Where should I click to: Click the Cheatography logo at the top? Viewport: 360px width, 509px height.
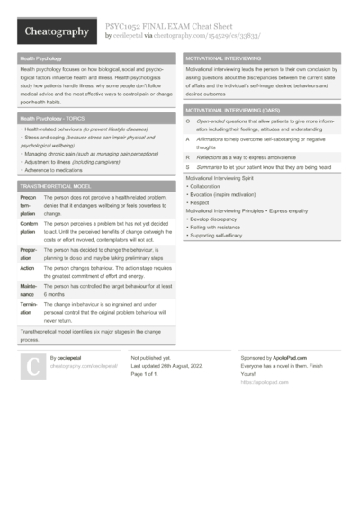pyautogui.click(x=54, y=31)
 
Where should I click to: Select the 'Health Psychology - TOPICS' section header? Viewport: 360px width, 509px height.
pyautogui.click(x=54, y=118)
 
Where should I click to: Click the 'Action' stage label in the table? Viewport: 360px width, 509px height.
pyautogui.click(x=27, y=268)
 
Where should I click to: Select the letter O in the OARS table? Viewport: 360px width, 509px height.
pyautogui.click(x=187, y=121)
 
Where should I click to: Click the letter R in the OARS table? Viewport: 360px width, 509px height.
pyautogui.click(x=187, y=156)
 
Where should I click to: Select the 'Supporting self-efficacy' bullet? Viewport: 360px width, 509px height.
pyautogui.click(x=217, y=235)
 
